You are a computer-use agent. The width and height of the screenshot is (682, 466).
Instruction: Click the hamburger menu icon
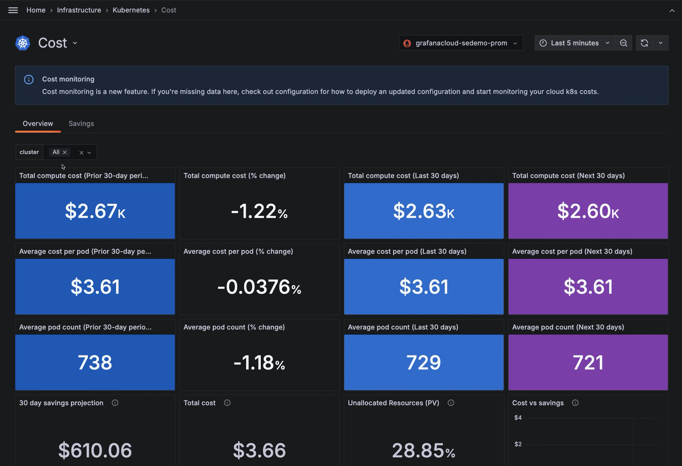pos(13,10)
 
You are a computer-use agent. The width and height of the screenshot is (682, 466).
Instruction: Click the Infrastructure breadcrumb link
pos(79,10)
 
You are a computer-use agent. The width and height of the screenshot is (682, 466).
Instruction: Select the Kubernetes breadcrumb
pos(131,10)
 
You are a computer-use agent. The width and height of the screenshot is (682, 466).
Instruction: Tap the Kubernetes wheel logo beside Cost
pos(23,43)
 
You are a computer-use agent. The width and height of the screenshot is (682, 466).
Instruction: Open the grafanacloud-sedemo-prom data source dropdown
pos(461,43)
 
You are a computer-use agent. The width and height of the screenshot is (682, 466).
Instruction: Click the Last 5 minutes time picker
pos(574,43)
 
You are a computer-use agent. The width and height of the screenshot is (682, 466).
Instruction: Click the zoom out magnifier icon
pos(624,43)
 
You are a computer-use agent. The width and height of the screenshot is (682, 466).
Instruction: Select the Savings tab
pos(81,124)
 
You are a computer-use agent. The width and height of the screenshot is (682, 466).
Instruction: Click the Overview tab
pos(38,124)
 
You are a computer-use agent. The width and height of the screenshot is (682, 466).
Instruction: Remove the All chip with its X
pos(65,152)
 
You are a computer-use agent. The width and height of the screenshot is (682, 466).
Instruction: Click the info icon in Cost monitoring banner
pos(29,80)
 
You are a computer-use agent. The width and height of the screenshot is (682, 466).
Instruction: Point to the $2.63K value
pos(424,211)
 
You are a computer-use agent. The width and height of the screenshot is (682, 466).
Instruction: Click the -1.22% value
pos(259,211)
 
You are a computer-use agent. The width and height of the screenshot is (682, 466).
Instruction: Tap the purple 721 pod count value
pos(588,363)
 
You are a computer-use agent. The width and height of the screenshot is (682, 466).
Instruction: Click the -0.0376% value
pos(259,287)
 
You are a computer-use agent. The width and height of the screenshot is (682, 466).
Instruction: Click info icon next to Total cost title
pos(227,403)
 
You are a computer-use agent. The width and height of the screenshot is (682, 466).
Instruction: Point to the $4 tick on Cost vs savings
pos(518,418)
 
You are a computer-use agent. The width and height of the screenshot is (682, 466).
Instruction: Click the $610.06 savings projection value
pos(95,450)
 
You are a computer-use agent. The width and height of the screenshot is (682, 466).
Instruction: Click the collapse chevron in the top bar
pos(672,11)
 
